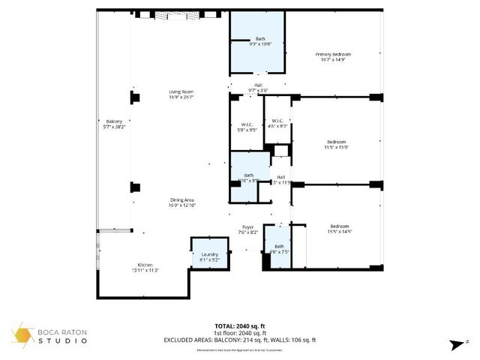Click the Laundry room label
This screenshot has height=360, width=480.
[210, 255]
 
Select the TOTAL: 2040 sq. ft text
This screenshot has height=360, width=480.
[240, 326]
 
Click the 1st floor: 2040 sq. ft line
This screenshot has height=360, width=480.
[240, 333]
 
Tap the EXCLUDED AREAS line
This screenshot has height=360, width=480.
[240, 340]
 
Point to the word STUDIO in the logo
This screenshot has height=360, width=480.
[64, 341]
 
